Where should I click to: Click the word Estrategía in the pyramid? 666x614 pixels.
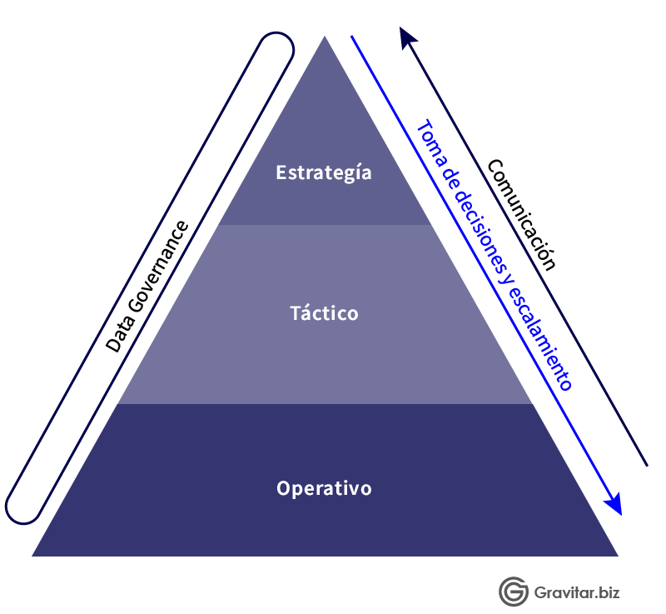pyautogui.click(x=324, y=173)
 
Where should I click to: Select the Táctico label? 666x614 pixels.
pyautogui.click(x=324, y=313)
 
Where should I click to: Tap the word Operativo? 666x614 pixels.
pyautogui.click(x=324, y=489)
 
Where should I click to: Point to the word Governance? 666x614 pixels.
pyautogui.click(x=158, y=267)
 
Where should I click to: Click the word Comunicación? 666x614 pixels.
pyautogui.click(x=521, y=215)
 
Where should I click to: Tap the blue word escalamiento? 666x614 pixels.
pyautogui.click(x=539, y=337)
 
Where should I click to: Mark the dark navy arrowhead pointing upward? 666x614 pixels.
pyautogui.click(x=407, y=37)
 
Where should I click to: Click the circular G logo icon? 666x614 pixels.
pyautogui.click(x=514, y=592)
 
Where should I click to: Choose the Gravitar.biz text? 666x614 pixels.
pyautogui.click(x=577, y=592)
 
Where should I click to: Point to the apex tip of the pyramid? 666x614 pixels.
pyautogui.click(x=325, y=36)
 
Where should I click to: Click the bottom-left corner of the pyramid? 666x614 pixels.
pyautogui.click(x=32, y=556)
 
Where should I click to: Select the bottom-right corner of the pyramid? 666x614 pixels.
pyautogui.click(x=618, y=556)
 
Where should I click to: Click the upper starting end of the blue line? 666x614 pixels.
pyautogui.click(x=351, y=37)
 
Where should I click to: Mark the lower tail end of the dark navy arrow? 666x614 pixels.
pyautogui.click(x=648, y=466)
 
